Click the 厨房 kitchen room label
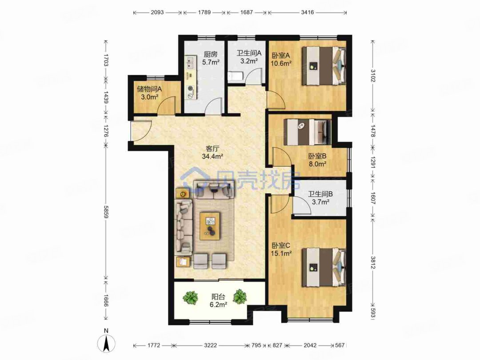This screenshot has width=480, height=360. click(x=211, y=58)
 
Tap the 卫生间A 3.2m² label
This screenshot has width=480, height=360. click(x=248, y=57)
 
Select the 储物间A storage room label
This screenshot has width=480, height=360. click(x=149, y=93)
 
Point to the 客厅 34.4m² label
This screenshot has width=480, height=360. click(x=212, y=152)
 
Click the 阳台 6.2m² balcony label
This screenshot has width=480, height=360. click(x=218, y=300)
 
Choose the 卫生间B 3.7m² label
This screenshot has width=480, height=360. click(x=320, y=198)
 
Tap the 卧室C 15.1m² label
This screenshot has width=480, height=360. click(x=281, y=249)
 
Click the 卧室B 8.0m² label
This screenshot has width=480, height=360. click(x=317, y=160)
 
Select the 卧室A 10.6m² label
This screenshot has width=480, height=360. click(x=281, y=60)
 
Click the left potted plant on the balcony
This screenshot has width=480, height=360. click(x=190, y=297)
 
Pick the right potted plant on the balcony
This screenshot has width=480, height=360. click(x=240, y=296)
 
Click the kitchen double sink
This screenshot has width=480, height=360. click(x=190, y=62)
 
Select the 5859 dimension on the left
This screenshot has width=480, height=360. click(x=106, y=211)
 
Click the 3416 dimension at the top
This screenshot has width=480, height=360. click(x=308, y=12)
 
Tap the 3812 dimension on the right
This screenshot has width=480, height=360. click(x=373, y=262)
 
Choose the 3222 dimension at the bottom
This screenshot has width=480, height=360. click(x=210, y=345)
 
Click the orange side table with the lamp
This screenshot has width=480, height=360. click(x=183, y=193)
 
